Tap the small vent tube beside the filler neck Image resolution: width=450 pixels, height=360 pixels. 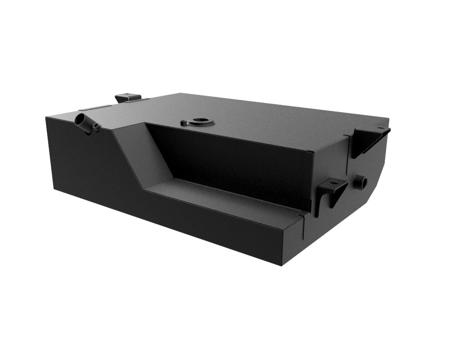click(x=96, y=127)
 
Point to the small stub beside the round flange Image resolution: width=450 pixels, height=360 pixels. click(x=183, y=122)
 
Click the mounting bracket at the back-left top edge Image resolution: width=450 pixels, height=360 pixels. click(x=128, y=97)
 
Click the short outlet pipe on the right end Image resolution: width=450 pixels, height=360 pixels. click(x=360, y=182)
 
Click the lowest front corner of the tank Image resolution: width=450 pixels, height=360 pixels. click(x=281, y=265)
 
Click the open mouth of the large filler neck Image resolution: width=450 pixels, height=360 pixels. click(x=79, y=120)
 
